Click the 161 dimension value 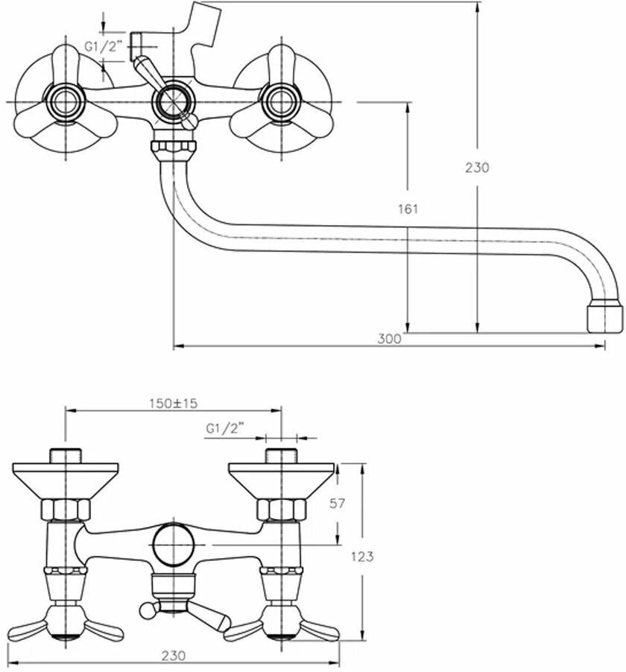click(x=408, y=209)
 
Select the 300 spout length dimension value click(x=388, y=338)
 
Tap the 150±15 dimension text click(x=173, y=403)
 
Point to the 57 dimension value click(x=337, y=504)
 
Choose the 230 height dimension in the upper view click(x=477, y=168)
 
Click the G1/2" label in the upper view click(x=101, y=46)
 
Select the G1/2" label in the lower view click(x=224, y=428)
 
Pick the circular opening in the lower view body click(x=173, y=543)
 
